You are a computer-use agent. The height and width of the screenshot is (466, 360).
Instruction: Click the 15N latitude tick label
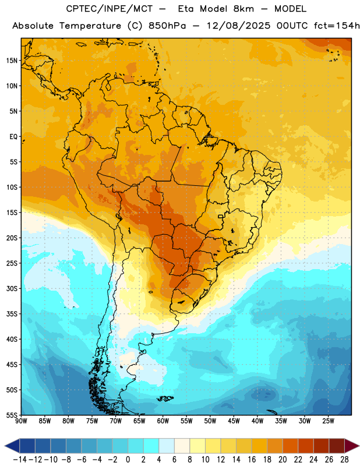pyautogui.click(x=12, y=61)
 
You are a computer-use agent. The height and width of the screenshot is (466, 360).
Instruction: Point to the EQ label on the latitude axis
pyautogui.click(x=13, y=137)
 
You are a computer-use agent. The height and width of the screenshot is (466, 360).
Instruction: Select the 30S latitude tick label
pyautogui.click(x=12, y=288)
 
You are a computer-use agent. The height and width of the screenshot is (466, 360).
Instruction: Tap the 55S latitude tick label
pyautogui.click(x=12, y=415)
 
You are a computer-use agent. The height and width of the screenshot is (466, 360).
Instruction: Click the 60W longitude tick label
pyautogui.click(x=163, y=421)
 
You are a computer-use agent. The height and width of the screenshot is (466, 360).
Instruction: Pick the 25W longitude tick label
pyautogui.click(x=328, y=421)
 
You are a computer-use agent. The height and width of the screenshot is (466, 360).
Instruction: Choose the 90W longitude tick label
pyautogui.click(x=21, y=421)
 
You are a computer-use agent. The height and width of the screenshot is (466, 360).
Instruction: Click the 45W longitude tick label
pyautogui.click(x=234, y=421)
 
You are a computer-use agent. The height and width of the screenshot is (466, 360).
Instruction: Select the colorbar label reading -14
pyautogui.click(x=20, y=460)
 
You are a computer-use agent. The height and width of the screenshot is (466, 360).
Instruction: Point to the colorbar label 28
pyautogui.click(x=344, y=460)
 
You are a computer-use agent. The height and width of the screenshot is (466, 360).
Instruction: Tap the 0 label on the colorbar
pyautogui.click(x=128, y=460)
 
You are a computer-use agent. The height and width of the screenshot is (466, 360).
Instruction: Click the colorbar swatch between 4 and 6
pyautogui.click(x=167, y=446)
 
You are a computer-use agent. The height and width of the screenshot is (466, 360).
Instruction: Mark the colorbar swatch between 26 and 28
pyautogui.click(x=337, y=446)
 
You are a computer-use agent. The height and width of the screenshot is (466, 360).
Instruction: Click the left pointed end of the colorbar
pyautogui.click(x=5, y=446)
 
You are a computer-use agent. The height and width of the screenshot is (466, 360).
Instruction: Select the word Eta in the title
pyautogui.click(x=185, y=9)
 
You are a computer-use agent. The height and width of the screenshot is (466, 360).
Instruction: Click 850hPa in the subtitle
pyautogui.click(x=167, y=26)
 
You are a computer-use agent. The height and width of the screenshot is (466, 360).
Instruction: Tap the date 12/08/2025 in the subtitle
pyautogui.click(x=238, y=26)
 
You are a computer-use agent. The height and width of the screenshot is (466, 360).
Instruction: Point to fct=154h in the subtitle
pyautogui.click(x=337, y=26)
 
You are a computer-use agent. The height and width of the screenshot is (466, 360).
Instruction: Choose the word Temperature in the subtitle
pyautogui.click(x=90, y=26)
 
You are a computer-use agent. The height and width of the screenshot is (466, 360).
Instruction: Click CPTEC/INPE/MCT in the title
pyautogui.click(x=109, y=9)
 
